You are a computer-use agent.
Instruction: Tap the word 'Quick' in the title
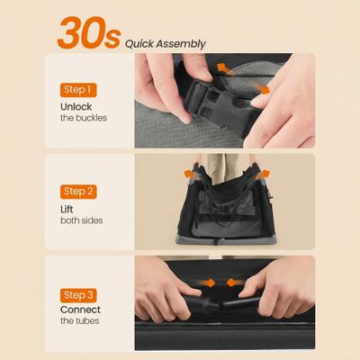point(139,42)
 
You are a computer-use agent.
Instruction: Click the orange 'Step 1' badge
point(78,90)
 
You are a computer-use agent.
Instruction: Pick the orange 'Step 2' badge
point(78,191)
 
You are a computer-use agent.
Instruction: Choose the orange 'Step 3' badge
point(78,293)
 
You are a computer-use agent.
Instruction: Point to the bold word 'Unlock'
point(77,106)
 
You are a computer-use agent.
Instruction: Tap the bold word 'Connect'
point(81,310)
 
